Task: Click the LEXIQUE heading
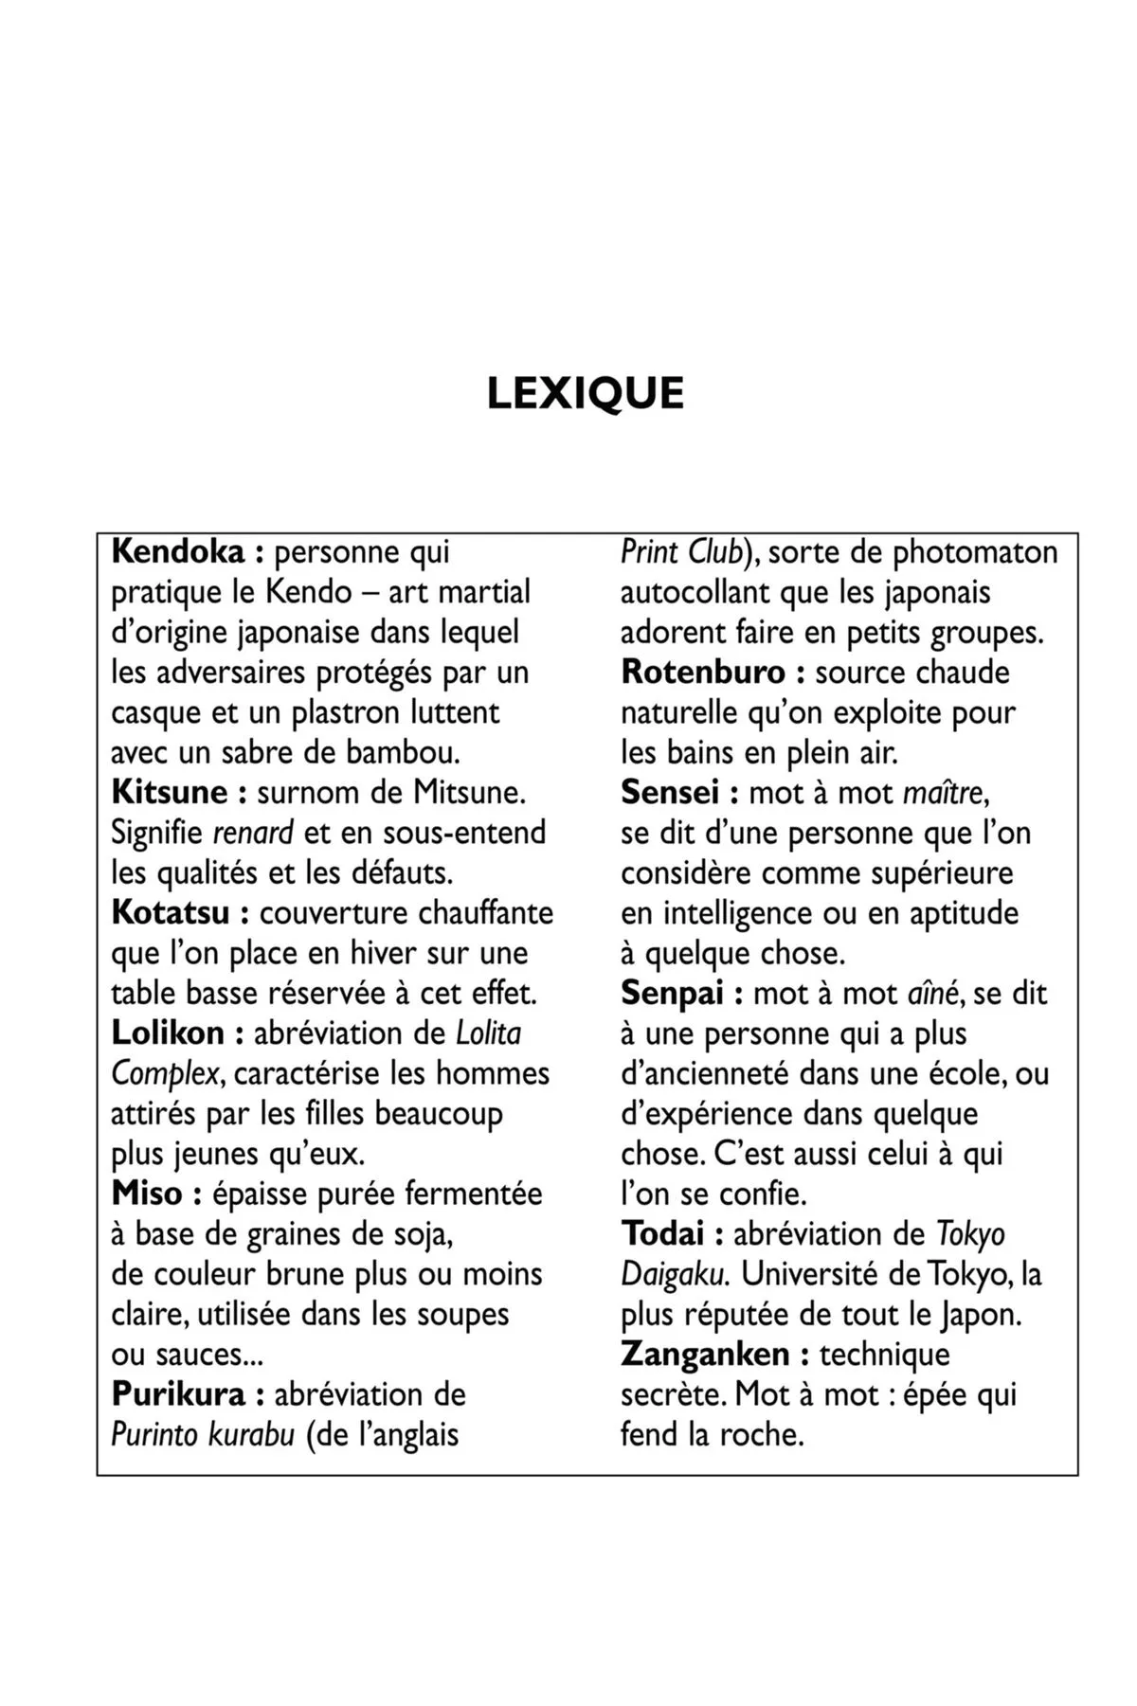tap(585, 394)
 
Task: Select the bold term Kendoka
tap(177, 551)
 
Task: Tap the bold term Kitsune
tap(169, 792)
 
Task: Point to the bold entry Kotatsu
tap(171, 912)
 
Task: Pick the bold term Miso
tap(147, 1193)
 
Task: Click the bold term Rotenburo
tap(703, 672)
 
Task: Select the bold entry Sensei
tap(670, 792)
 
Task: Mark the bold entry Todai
tap(662, 1233)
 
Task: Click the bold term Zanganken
tap(705, 1354)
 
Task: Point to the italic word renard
tap(253, 833)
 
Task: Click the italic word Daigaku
tap(674, 1274)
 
